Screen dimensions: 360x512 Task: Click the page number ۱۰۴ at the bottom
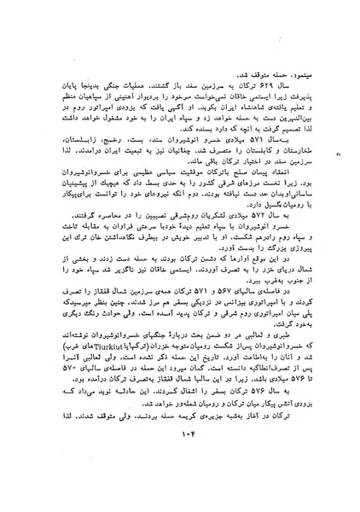(181, 463)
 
